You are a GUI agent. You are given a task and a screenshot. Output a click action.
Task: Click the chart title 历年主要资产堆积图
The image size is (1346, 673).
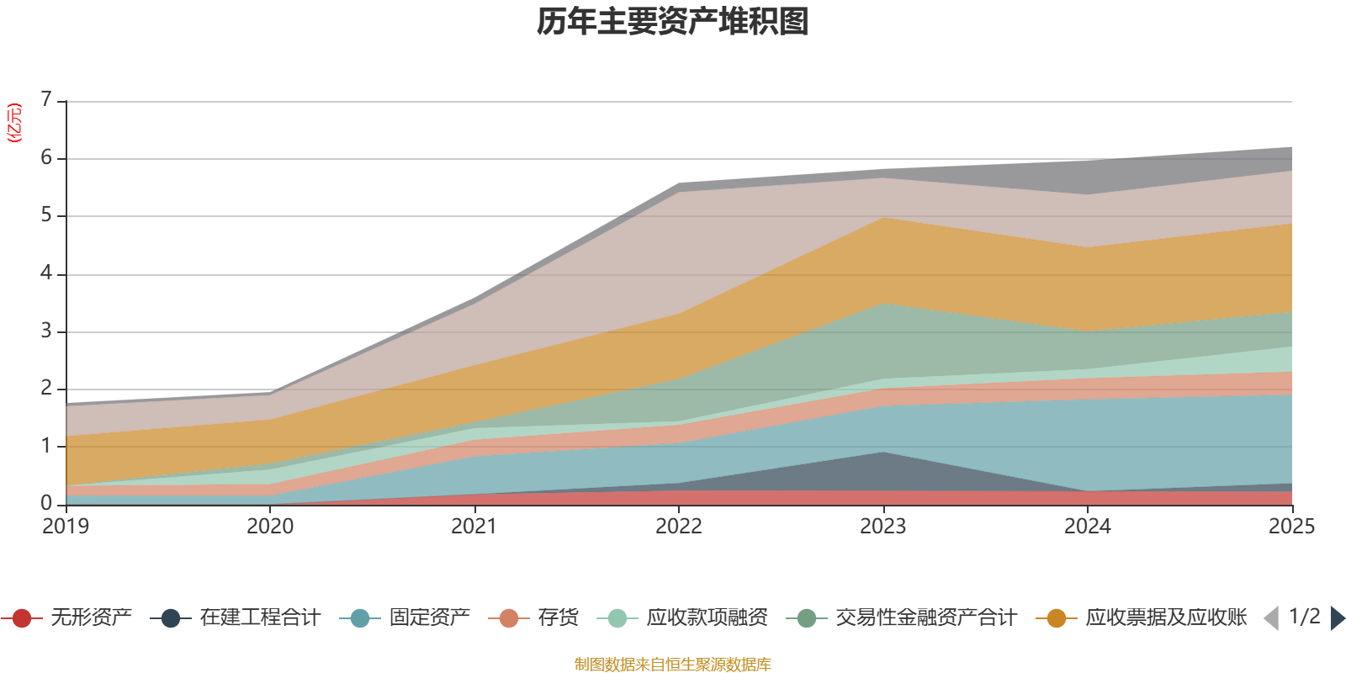point(673,22)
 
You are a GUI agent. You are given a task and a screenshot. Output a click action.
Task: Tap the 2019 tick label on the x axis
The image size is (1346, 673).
point(66,526)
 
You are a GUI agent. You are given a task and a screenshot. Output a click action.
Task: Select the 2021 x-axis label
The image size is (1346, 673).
point(474,526)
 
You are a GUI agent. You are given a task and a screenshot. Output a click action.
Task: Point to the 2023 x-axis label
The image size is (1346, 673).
point(882,526)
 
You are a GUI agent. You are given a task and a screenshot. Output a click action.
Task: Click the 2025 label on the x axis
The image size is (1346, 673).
point(1290,526)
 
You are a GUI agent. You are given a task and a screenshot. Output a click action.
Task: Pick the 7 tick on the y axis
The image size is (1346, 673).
point(46,99)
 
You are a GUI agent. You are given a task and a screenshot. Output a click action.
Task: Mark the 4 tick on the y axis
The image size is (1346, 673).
point(46,273)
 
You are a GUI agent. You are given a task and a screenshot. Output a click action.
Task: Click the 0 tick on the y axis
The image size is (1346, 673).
point(46,503)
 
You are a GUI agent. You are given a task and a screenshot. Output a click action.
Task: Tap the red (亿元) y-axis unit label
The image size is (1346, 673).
point(14,123)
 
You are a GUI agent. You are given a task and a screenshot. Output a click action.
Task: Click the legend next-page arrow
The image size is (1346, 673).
point(1338,618)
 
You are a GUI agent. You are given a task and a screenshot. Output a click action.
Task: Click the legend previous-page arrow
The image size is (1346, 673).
point(1270,618)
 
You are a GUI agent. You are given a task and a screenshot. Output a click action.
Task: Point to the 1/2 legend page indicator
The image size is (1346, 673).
point(1304,617)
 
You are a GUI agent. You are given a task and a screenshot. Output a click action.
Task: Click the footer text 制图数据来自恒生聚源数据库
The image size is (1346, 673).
point(673,665)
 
